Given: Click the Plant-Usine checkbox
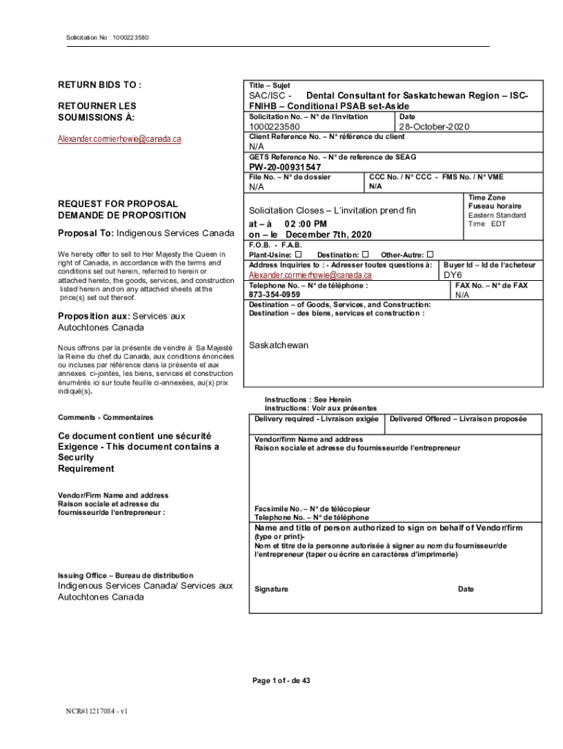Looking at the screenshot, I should tap(298, 254).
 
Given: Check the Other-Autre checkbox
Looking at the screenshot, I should tap(430, 254).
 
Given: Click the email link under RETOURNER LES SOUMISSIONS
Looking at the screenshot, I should tap(119, 138).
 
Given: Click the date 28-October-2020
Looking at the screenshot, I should tap(434, 127).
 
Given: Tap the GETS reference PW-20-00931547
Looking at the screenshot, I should tap(285, 167).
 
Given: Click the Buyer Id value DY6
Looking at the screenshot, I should tap(453, 275).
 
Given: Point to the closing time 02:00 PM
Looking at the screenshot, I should tap(301, 223).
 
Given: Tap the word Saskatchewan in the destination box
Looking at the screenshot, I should tap(279, 345).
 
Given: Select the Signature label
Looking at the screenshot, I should tap(271, 589).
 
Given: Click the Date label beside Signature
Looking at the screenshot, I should tap(466, 589).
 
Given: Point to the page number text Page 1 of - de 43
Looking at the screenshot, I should tap(281, 680).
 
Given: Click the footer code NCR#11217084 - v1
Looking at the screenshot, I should tap(97, 710).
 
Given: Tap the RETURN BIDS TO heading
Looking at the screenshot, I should tap(99, 85).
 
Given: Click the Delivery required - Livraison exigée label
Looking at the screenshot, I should tap(317, 419).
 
